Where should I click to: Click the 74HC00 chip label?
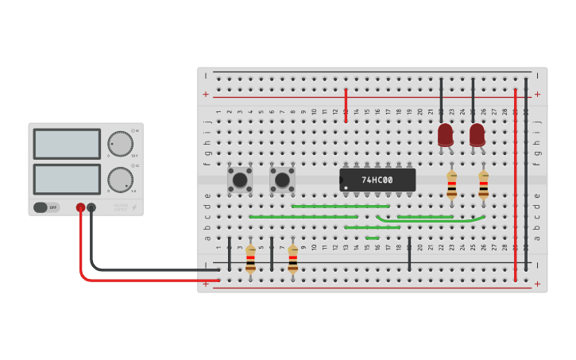[377, 180]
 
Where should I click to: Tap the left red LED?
[445, 134]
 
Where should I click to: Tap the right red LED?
[477, 134]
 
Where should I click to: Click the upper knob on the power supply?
[120, 144]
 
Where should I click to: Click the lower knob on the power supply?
[120, 180]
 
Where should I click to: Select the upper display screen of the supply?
[67, 144]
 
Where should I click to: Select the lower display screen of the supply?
[67, 179]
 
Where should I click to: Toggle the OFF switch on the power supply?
[46, 207]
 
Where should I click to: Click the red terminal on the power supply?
[80, 207]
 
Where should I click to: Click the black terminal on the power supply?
[91, 207]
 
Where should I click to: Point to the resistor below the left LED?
[451, 184]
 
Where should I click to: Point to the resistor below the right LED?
[483, 184]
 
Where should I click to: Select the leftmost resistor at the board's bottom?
[250, 259]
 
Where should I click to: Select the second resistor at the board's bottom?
[292, 259]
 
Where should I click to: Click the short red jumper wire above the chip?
[346, 104]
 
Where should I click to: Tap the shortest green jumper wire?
[372, 238]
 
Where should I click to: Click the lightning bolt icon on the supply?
[133, 207]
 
